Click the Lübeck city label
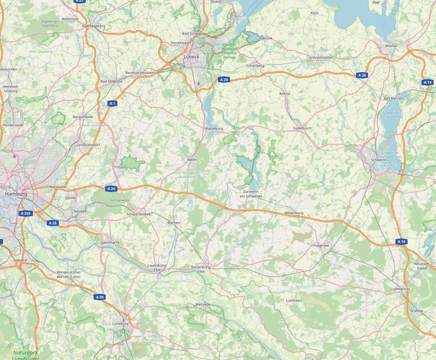[x=191, y=58]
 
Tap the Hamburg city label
[x=15, y=194]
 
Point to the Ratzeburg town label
[x=215, y=127]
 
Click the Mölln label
[x=192, y=160]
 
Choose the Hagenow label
[x=320, y=245]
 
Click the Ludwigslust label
[x=400, y=288]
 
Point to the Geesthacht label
[x=110, y=242]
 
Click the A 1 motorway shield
[x=112, y=103]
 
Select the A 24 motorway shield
[x=111, y=188]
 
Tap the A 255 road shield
[x=26, y=213]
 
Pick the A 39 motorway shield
[x=100, y=297]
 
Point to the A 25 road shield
[x=52, y=223]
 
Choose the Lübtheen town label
[x=294, y=300]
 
